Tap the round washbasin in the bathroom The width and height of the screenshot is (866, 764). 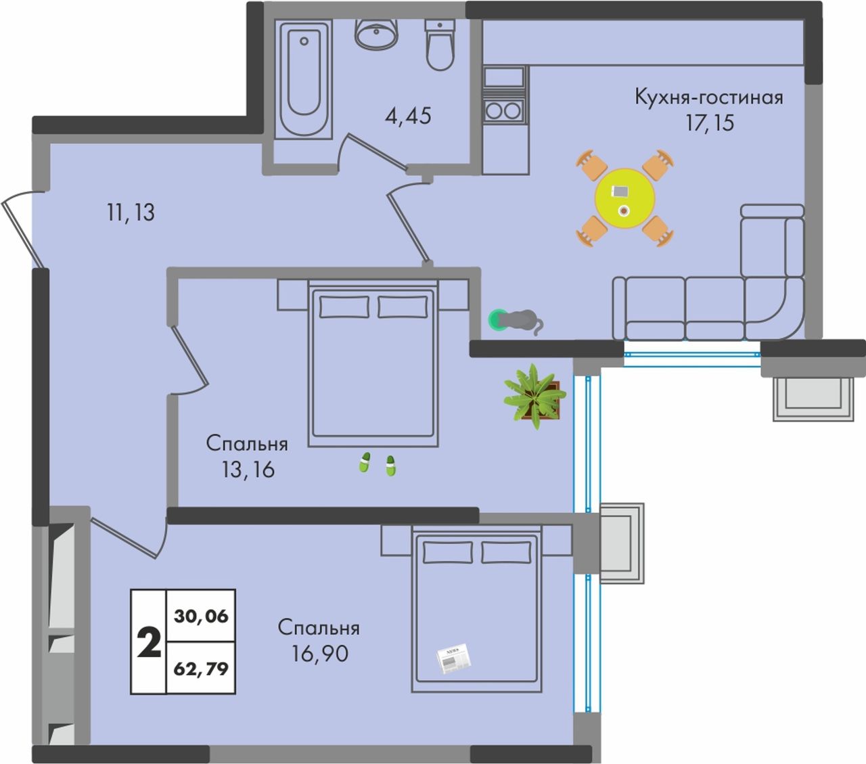coord(376,35)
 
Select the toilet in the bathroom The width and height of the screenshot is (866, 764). coord(440,45)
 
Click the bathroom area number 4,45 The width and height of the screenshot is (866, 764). coord(408,116)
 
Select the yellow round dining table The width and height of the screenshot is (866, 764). coord(625,198)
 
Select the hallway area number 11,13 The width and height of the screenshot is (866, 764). coord(131,212)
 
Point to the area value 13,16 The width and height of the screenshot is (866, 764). coord(248,470)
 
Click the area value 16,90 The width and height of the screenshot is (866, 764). coord(320,654)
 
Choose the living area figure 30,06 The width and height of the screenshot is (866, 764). coord(201,616)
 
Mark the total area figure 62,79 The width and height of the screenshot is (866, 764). coord(201,668)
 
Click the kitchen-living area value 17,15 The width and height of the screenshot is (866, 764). coord(710,122)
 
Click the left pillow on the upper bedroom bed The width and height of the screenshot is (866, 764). coord(344,307)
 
